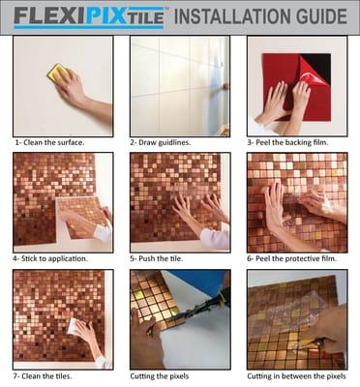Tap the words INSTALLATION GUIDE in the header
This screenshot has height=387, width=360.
tap(259, 16)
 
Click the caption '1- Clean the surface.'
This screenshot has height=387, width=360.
tap(48, 142)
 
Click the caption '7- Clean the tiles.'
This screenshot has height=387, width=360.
tap(45, 374)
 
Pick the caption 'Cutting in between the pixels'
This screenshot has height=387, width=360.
tap(296, 374)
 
